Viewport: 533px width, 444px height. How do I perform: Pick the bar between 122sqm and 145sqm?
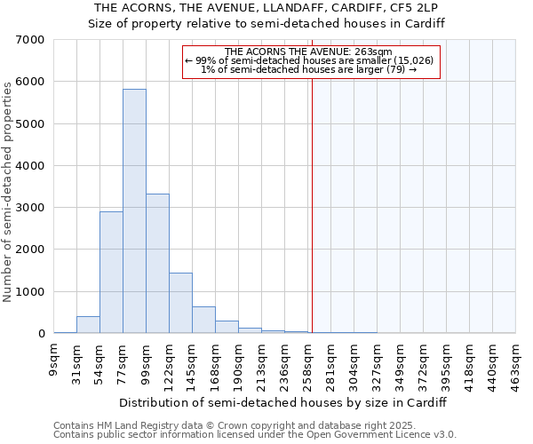click(x=180, y=303)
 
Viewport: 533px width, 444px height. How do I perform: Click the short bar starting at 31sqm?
click(x=88, y=325)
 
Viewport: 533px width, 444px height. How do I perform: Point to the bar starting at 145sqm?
click(x=203, y=320)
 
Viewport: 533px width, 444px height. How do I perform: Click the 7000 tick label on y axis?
click(x=30, y=40)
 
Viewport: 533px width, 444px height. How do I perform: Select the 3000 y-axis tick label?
click(x=30, y=208)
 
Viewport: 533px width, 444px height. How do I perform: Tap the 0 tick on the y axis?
click(x=41, y=334)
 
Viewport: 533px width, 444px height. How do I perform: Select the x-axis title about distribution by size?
click(x=282, y=402)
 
